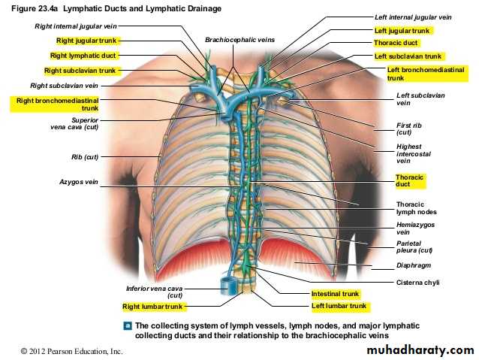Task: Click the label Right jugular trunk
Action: click(86, 41)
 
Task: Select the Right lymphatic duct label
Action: click(83, 56)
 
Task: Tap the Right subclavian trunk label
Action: click(80, 71)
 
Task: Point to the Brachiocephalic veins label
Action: click(239, 40)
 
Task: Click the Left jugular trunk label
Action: click(402, 31)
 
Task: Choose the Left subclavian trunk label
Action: click(408, 56)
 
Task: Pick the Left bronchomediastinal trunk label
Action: click(426, 74)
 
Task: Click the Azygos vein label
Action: click(79, 182)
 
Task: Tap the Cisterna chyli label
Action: click(417, 283)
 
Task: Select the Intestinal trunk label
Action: click(335, 294)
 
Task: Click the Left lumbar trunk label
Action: click(339, 306)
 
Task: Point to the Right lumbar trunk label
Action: click(152, 307)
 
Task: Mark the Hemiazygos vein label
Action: click(415, 228)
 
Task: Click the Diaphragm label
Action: click(414, 265)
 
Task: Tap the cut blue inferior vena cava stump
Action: click(228, 286)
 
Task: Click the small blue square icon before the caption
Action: click(128, 325)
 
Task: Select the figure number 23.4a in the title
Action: click(47, 8)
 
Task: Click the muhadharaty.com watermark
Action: click(420, 349)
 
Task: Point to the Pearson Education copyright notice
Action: click(71, 351)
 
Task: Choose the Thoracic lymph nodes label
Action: click(417, 208)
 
